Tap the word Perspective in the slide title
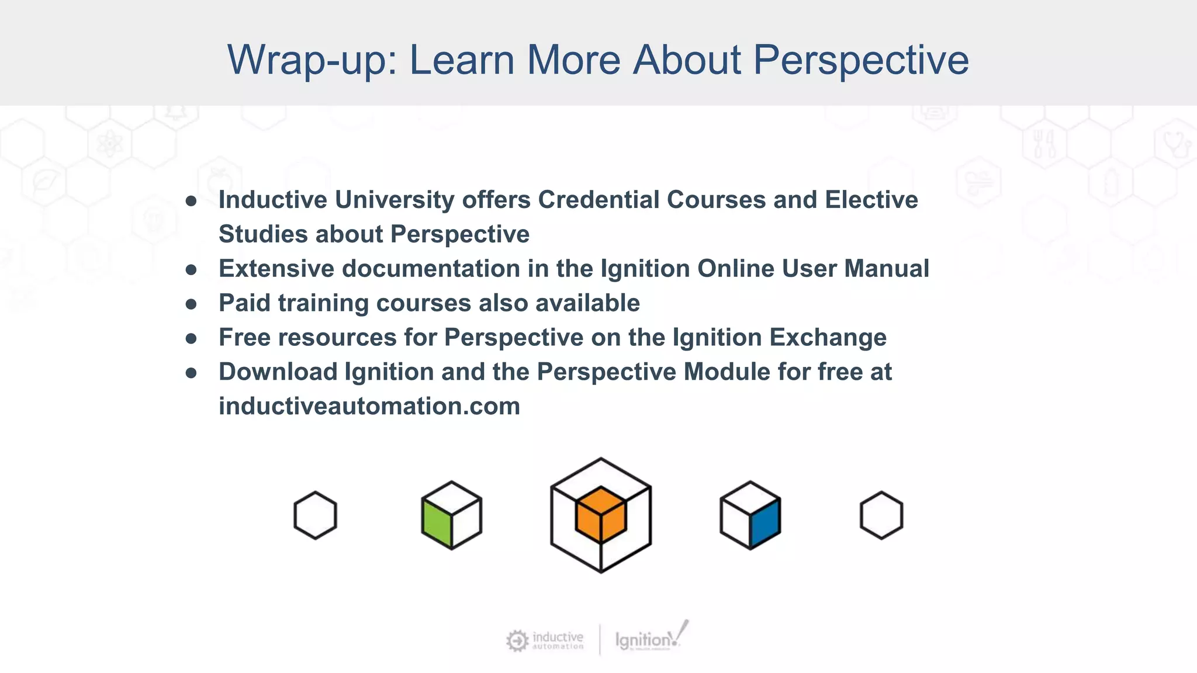click(860, 60)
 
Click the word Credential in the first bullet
click(598, 200)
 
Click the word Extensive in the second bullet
click(276, 269)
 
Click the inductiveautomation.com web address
click(369, 407)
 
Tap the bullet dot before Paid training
click(191, 304)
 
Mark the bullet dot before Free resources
click(191, 339)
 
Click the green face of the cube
click(437, 523)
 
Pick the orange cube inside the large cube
click(601, 514)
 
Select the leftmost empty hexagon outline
click(315, 515)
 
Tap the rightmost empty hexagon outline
click(881, 515)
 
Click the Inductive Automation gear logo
click(517, 641)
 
